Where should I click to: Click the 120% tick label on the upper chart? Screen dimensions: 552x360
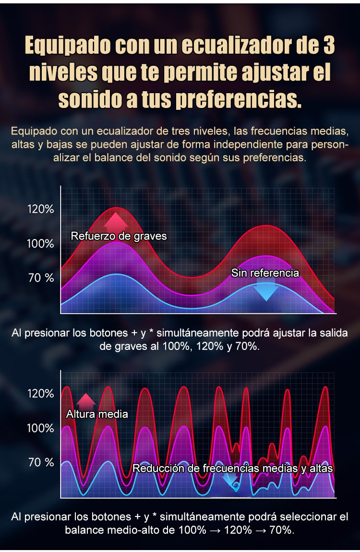click(x=40, y=209)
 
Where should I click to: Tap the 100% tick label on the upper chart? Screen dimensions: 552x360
click(x=40, y=243)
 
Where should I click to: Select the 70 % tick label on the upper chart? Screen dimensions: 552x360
click(x=41, y=278)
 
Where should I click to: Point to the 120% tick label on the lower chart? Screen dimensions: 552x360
click(x=40, y=394)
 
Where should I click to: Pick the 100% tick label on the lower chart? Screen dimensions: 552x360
click(x=40, y=428)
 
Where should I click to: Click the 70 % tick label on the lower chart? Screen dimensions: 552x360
click(x=41, y=462)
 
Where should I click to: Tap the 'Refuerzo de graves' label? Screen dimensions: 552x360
click(x=119, y=236)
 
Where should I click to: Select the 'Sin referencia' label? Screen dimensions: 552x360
click(x=265, y=273)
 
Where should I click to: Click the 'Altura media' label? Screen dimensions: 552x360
click(x=97, y=414)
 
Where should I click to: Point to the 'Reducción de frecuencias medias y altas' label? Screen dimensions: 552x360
click(x=232, y=468)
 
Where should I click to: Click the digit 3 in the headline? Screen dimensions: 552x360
click(x=326, y=47)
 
